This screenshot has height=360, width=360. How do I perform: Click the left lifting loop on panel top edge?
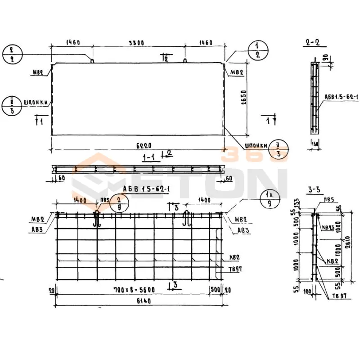[92, 60]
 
